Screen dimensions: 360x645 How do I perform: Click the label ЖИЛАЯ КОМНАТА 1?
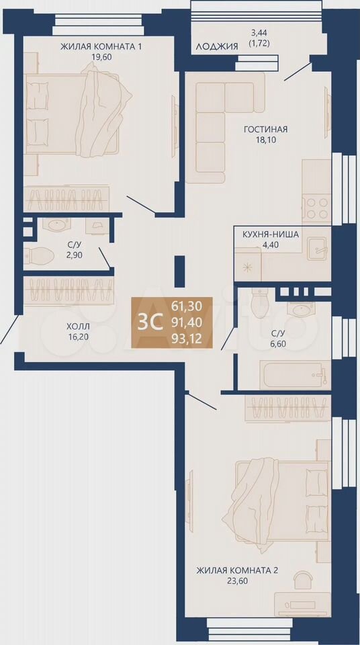click(101, 46)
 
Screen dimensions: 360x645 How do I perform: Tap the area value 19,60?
click(102, 56)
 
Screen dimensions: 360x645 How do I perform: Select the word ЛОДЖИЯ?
click(216, 46)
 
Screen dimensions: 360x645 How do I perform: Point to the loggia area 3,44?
click(260, 32)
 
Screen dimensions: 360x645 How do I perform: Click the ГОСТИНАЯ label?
click(265, 130)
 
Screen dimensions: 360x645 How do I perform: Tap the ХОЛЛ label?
click(78, 327)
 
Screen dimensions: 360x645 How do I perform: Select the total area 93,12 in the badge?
click(187, 339)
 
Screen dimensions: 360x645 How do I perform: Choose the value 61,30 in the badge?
click(187, 306)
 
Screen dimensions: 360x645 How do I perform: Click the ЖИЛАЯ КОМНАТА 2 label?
click(237, 570)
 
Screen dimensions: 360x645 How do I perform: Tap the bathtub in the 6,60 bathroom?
click(295, 375)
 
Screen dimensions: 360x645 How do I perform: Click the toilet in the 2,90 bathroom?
click(40, 256)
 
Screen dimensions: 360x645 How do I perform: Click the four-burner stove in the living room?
click(317, 208)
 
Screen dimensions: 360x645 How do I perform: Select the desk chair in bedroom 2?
click(302, 580)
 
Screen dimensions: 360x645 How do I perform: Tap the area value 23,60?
click(237, 580)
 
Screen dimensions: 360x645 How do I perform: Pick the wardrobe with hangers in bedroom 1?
click(66, 199)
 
